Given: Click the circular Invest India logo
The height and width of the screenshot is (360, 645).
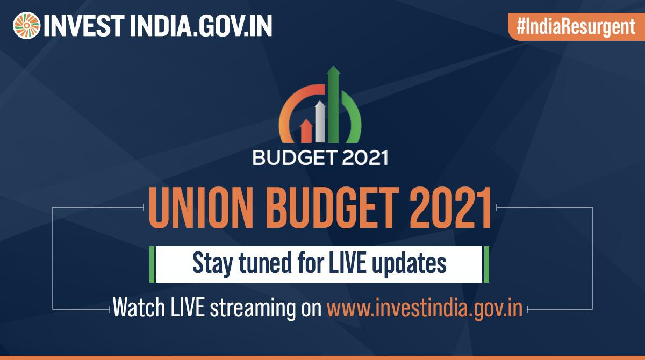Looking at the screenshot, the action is tap(26, 26).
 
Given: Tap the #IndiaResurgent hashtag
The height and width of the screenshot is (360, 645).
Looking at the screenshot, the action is tap(576, 27).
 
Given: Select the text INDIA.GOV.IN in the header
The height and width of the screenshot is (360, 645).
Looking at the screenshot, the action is tap(201, 26).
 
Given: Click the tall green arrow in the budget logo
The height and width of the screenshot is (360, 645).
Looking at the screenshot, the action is tap(333, 104).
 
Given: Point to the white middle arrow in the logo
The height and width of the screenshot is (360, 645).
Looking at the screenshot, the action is tap(320, 121).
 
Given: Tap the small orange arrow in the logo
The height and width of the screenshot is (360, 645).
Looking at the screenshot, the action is tap(306, 131).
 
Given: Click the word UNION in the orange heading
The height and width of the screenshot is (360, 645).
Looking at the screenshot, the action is tap(200, 207).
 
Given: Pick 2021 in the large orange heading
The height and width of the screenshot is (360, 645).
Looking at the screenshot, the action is tap(450, 207).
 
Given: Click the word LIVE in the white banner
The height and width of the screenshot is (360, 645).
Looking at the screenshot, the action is tap(347, 262).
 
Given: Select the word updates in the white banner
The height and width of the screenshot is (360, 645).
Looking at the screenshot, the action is tap(409, 264).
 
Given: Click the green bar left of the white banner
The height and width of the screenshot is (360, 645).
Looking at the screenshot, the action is tap(152, 264).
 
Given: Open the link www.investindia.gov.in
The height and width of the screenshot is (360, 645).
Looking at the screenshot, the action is tap(425, 308).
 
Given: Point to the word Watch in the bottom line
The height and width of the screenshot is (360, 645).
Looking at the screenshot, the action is tap(139, 307).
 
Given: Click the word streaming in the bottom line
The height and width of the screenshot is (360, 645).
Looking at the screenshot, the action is tap(253, 309).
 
